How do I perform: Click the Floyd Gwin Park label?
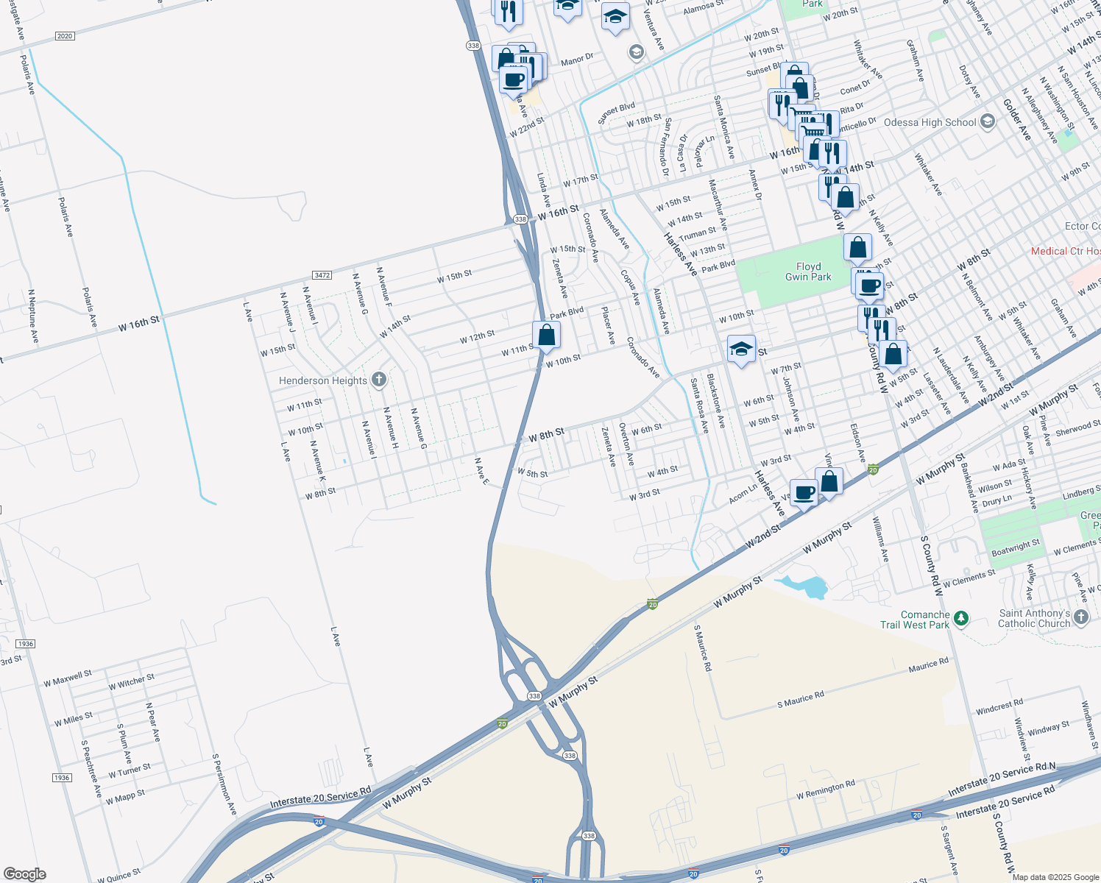tap(808, 272)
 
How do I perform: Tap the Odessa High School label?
tap(930, 122)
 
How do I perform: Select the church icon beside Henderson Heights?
tap(379, 380)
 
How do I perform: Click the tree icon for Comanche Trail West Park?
tap(961, 619)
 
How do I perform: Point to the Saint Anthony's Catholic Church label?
tap(1034, 618)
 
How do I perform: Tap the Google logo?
tap(24, 873)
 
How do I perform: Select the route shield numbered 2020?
tap(65, 36)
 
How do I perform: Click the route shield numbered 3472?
tap(322, 275)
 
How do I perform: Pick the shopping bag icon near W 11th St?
tap(546, 336)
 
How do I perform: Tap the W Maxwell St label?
tap(68, 678)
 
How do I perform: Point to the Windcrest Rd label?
tap(999, 707)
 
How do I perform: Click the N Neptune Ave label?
tap(32, 316)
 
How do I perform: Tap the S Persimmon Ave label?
tap(224, 783)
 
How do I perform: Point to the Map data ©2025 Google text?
tap(1055, 876)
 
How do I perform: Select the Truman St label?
tap(698, 234)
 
